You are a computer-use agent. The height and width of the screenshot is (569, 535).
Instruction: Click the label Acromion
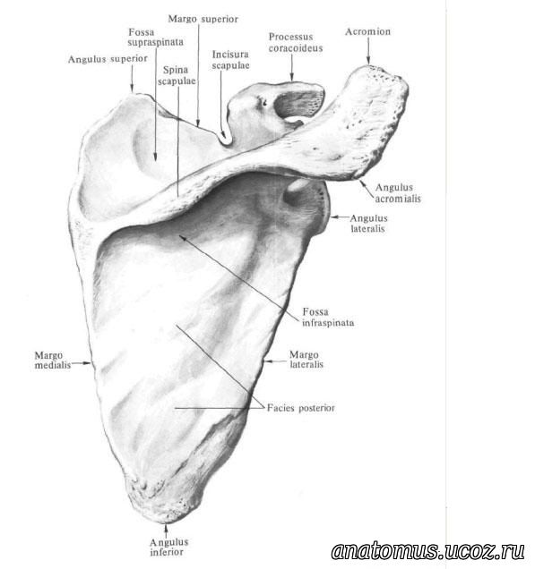(367, 32)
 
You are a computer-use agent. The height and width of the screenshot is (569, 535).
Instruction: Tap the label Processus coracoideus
(296, 42)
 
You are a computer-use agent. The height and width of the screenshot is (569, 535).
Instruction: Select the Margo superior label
(203, 19)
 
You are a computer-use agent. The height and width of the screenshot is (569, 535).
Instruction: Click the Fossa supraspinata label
(156, 37)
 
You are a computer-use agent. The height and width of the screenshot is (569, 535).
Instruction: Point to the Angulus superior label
(108, 59)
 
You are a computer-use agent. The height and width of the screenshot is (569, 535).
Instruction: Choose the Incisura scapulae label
(231, 60)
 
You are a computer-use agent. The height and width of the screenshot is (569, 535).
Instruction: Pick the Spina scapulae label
(177, 75)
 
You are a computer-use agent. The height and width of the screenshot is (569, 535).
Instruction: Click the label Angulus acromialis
(398, 193)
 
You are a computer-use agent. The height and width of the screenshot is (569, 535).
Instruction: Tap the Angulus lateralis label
(368, 223)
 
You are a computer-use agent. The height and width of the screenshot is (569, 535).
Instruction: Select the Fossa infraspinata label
(328, 318)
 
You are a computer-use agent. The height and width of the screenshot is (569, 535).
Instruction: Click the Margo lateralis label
(306, 360)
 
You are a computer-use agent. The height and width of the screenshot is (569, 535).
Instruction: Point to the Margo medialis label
(53, 360)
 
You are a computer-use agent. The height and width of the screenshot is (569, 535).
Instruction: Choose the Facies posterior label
(301, 408)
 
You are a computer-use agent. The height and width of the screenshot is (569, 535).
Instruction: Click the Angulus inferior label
(169, 547)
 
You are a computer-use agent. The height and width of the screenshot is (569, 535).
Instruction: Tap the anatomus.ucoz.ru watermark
(427, 551)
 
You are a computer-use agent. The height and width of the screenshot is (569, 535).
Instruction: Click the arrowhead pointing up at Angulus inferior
(166, 526)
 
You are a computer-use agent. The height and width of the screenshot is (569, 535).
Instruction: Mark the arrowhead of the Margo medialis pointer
(88, 362)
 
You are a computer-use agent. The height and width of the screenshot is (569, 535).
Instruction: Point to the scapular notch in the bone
(224, 140)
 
